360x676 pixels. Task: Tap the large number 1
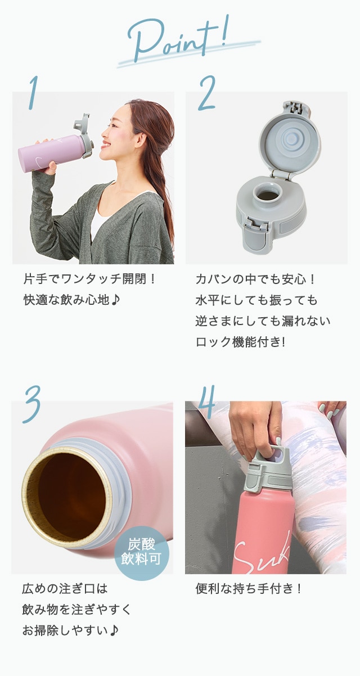(x=34, y=92)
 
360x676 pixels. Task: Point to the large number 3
(x=32, y=404)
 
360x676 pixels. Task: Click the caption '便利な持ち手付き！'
(x=249, y=588)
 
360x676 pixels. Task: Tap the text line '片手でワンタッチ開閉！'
(x=89, y=278)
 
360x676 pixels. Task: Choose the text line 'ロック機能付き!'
(x=240, y=342)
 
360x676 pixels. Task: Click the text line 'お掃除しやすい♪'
(x=70, y=630)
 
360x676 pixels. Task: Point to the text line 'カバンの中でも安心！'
(x=255, y=278)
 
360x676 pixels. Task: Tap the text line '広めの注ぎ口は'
(x=65, y=588)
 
